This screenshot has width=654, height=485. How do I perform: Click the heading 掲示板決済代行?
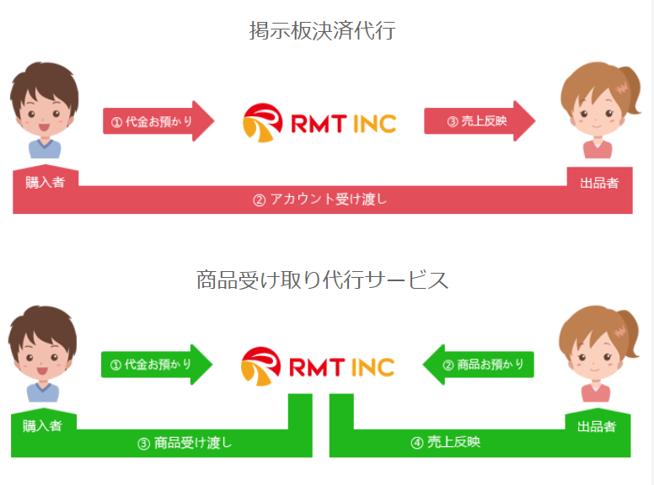(x=322, y=32)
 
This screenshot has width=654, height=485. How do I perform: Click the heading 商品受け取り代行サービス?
(x=322, y=280)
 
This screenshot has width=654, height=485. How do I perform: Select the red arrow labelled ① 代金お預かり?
(x=157, y=121)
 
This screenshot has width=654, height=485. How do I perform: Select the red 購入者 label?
(x=45, y=181)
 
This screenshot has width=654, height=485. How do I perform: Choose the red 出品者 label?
(x=599, y=182)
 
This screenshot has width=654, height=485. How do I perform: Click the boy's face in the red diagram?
(x=44, y=109)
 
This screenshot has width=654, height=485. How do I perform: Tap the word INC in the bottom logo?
(x=370, y=367)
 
